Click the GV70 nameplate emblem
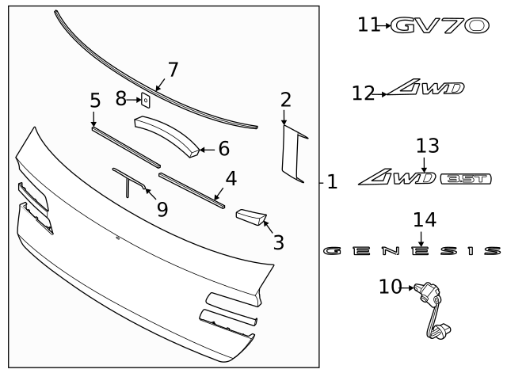(x=440, y=25)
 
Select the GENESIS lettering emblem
(x=413, y=251)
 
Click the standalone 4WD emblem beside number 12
(x=426, y=89)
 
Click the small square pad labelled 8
(x=145, y=101)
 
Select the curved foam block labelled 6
(x=168, y=134)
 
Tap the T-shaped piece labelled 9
(x=127, y=182)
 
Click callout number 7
(x=173, y=70)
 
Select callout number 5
(x=95, y=101)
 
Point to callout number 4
(x=231, y=179)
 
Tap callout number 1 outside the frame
(x=332, y=182)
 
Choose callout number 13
(x=427, y=146)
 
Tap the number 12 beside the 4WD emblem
(x=364, y=93)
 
